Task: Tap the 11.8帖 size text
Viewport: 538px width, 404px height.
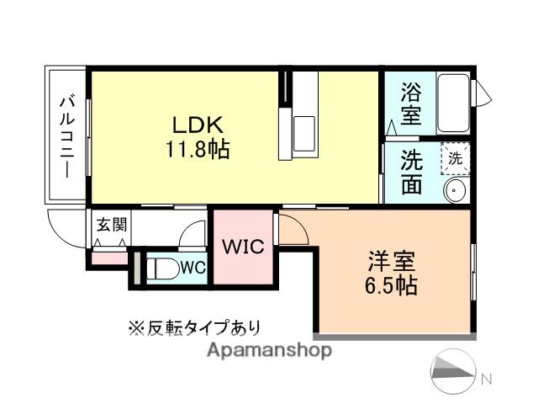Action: coord(198,151)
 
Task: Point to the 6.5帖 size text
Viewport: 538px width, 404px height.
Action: coord(393,284)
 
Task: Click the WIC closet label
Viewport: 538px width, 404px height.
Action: coord(243,247)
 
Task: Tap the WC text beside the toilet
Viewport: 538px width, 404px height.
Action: coord(193,268)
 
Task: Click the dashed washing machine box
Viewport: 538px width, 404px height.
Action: coord(455,157)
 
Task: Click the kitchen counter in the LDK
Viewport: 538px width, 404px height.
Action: coord(299,116)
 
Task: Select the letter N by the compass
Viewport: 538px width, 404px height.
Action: coord(485,379)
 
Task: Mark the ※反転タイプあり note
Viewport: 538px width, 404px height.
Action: coord(194,327)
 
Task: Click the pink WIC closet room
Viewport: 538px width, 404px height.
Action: coord(243,261)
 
